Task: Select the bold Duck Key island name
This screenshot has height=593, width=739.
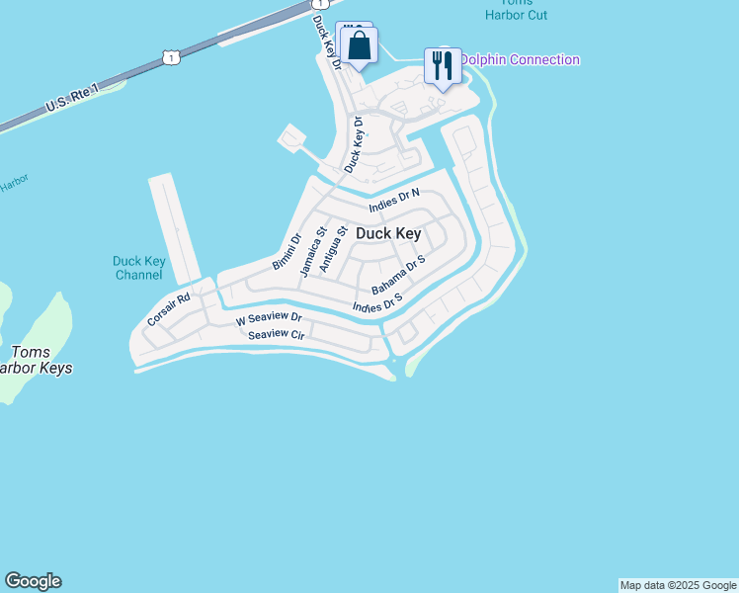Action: pos(388,234)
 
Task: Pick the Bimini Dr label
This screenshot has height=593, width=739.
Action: pos(286,251)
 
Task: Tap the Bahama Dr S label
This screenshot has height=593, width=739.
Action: pos(398,275)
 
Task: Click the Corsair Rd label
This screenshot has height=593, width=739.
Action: pos(168,308)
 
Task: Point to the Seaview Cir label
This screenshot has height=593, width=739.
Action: pos(276,334)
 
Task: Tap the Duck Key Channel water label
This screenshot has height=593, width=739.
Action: pos(138,268)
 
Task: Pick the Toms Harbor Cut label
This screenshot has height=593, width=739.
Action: pos(516,8)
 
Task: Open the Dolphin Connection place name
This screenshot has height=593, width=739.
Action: pos(520,60)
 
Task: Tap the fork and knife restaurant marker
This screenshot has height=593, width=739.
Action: pos(443,65)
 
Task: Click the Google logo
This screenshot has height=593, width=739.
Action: pos(33,581)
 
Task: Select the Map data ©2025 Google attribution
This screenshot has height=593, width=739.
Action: pos(678,585)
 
